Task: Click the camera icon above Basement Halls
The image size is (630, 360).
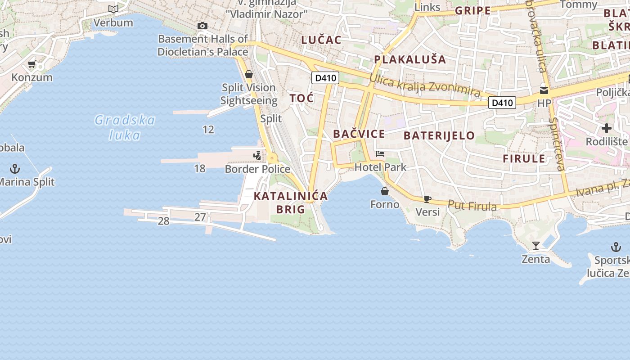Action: [x=202, y=26]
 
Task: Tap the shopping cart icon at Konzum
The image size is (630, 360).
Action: [x=31, y=64]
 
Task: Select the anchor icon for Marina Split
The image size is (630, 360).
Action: [x=15, y=169]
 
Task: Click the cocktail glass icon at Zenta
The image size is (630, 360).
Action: [x=535, y=246]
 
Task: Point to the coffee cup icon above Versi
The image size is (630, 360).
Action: [x=427, y=199]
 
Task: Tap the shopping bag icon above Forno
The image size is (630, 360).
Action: [x=385, y=191]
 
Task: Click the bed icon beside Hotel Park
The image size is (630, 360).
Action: [x=380, y=154]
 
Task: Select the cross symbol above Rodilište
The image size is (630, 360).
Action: [x=606, y=129]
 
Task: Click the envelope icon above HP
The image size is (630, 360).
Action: [x=544, y=90]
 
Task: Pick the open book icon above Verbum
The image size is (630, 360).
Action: [x=113, y=9]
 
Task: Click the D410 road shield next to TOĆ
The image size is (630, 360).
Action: [x=325, y=78]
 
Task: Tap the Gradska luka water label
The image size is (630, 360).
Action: [x=125, y=127]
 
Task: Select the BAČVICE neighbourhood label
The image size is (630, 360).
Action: [x=359, y=134]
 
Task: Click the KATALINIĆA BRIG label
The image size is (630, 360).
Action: [x=291, y=202]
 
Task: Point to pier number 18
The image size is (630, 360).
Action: [x=200, y=169]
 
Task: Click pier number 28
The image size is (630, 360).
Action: [x=163, y=221]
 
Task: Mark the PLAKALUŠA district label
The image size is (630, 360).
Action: [x=410, y=59]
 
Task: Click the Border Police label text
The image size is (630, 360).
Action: [x=257, y=169]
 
